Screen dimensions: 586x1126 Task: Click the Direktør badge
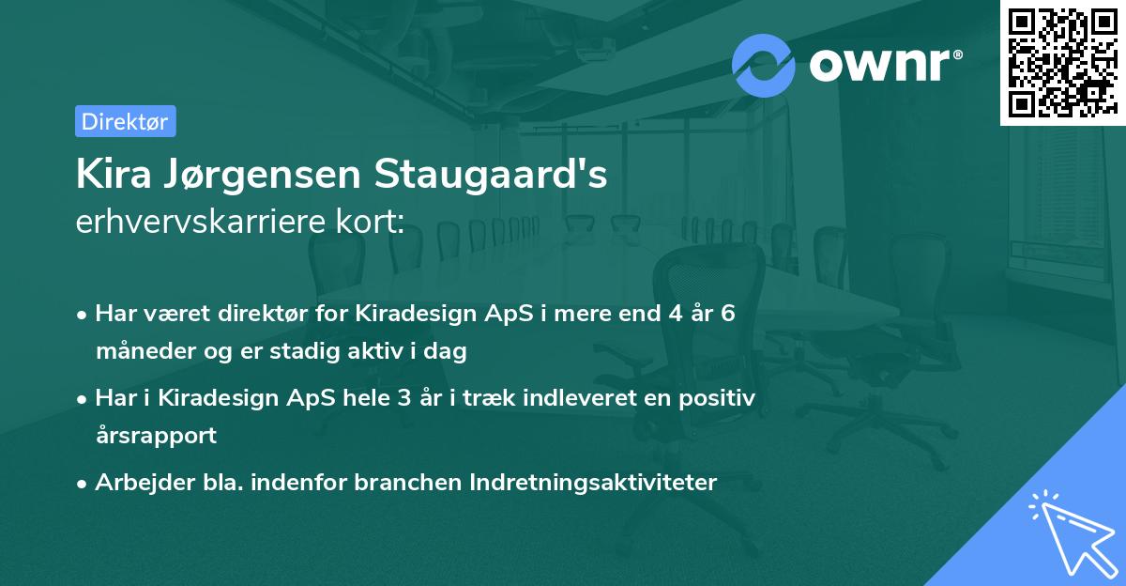click(x=125, y=121)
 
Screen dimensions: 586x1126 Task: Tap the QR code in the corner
click(x=1061, y=62)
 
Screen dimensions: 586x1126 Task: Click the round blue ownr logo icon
click(x=764, y=66)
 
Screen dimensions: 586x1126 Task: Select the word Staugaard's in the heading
click(x=491, y=176)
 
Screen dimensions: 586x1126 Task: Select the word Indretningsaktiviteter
click(x=601, y=483)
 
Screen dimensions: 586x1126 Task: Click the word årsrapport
click(x=156, y=436)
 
